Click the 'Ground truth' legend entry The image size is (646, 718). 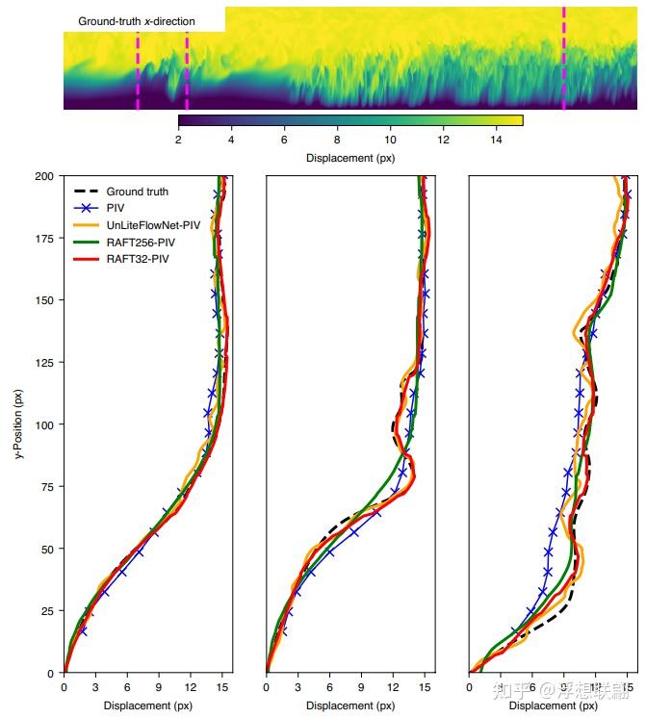(x=137, y=192)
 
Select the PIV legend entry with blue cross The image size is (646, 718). (x=116, y=208)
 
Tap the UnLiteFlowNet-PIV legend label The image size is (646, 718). (x=153, y=225)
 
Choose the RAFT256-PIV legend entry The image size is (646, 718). (x=140, y=243)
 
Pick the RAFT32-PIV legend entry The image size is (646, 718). (x=137, y=260)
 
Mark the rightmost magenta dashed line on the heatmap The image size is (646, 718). (x=563, y=58)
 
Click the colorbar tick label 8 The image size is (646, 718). (x=337, y=140)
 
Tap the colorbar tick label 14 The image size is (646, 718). (x=496, y=140)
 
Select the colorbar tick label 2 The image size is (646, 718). (x=179, y=140)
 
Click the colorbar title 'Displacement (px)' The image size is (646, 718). (x=349, y=158)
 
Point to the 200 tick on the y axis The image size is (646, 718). (x=44, y=176)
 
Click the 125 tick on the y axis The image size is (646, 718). (x=44, y=362)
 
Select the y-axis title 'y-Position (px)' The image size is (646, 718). (x=18, y=424)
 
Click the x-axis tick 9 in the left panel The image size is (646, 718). (x=159, y=687)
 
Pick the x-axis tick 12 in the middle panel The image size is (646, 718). (x=393, y=687)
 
